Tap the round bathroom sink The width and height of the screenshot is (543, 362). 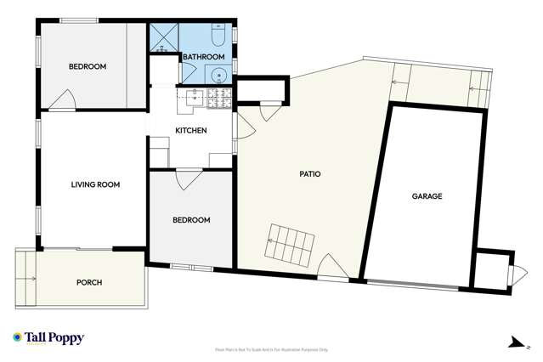[218, 74]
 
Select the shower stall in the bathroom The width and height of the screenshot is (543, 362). [163, 38]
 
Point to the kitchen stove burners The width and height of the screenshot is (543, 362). [215, 98]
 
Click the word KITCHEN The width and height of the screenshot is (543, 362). [191, 130]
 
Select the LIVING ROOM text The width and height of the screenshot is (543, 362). [95, 184]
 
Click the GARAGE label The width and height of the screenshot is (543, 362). [427, 196]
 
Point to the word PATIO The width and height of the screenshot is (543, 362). [309, 174]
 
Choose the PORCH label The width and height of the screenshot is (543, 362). [89, 283]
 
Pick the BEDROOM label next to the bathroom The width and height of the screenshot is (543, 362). [88, 66]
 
